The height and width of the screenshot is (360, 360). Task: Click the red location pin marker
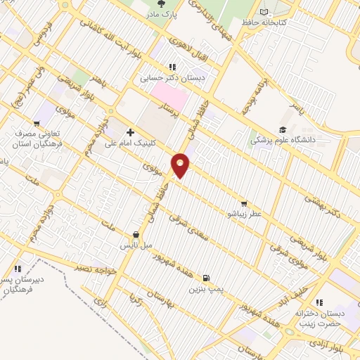(181, 165)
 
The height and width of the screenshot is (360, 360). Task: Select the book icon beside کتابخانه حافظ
(264, 11)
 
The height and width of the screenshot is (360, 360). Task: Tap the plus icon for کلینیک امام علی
(130, 131)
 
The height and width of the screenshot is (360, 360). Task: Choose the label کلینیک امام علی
(130, 143)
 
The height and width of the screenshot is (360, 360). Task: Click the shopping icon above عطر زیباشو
(244, 203)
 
